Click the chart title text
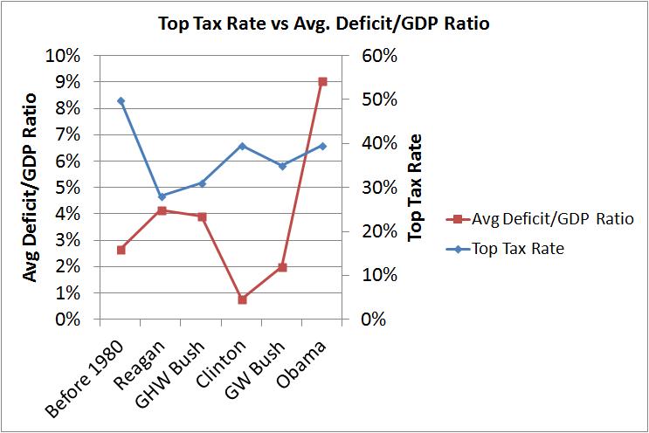click(x=323, y=24)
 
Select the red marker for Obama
click(x=322, y=81)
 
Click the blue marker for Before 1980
click(x=121, y=101)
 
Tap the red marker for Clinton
click(x=242, y=299)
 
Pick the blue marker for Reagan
click(x=162, y=196)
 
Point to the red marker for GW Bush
click(x=282, y=267)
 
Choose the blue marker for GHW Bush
click(x=202, y=182)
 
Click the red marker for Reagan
click(x=162, y=210)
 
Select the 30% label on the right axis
click(x=380, y=188)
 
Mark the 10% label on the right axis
click(x=380, y=276)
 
